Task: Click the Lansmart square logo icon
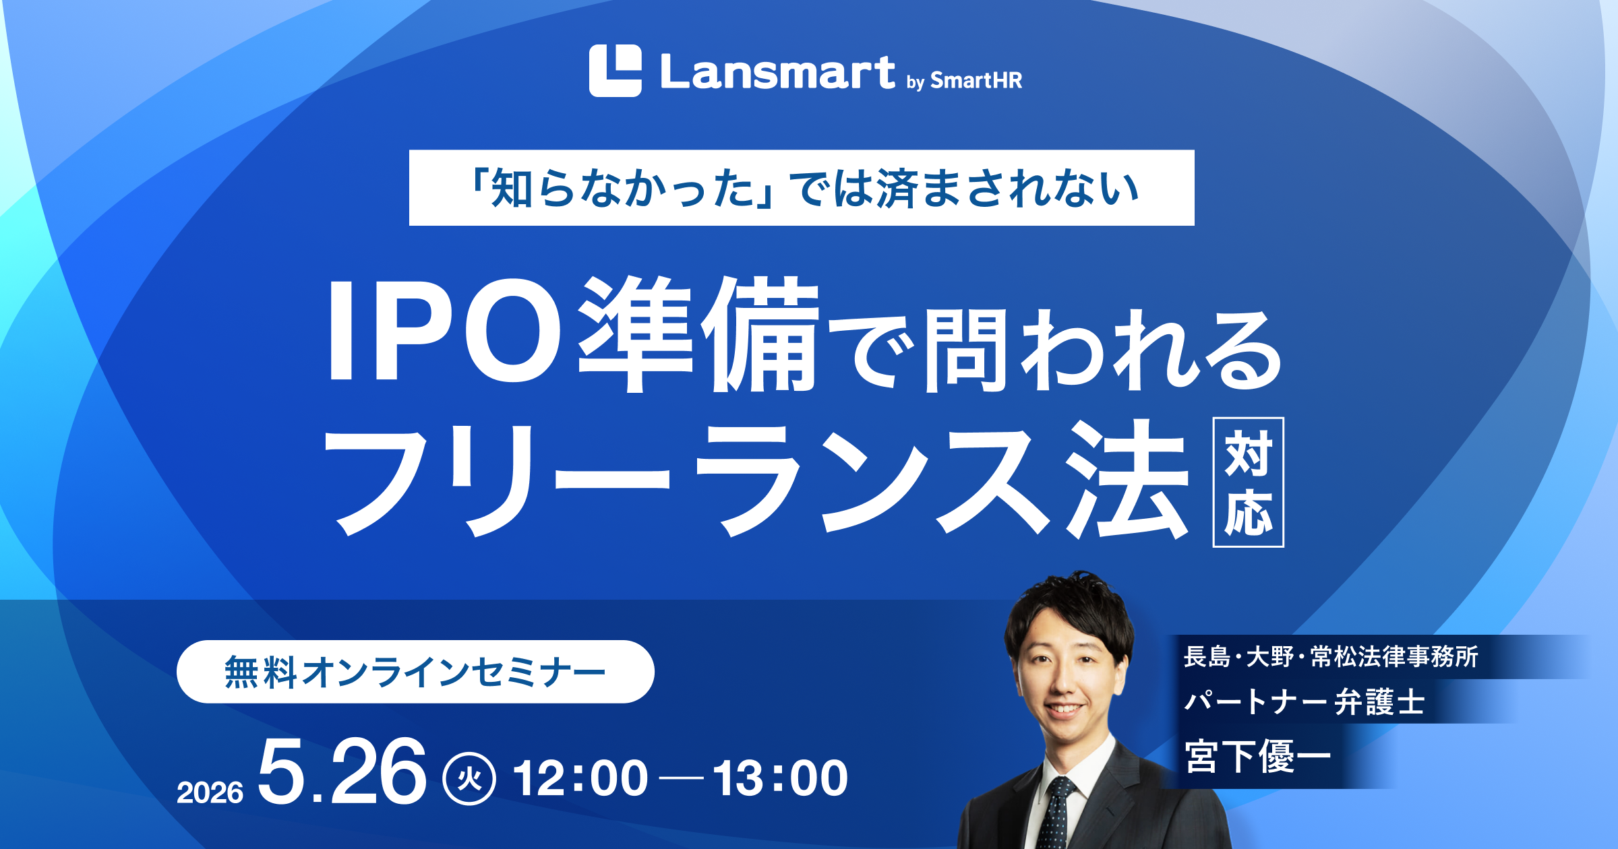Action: [615, 71]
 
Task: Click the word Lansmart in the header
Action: [778, 72]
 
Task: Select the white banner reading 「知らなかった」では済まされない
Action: [802, 188]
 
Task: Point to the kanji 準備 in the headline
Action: [698, 333]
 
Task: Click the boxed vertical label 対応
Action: [1249, 482]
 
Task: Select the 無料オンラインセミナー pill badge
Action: [415, 672]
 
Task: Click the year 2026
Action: [210, 792]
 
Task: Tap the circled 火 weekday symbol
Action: [469, 778]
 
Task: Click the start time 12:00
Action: [580, 778]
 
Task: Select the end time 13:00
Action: [781, 778]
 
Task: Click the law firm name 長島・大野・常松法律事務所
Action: [1331, 656]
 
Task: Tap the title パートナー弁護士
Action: [1305, 701]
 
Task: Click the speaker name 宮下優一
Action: [1258, 756]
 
